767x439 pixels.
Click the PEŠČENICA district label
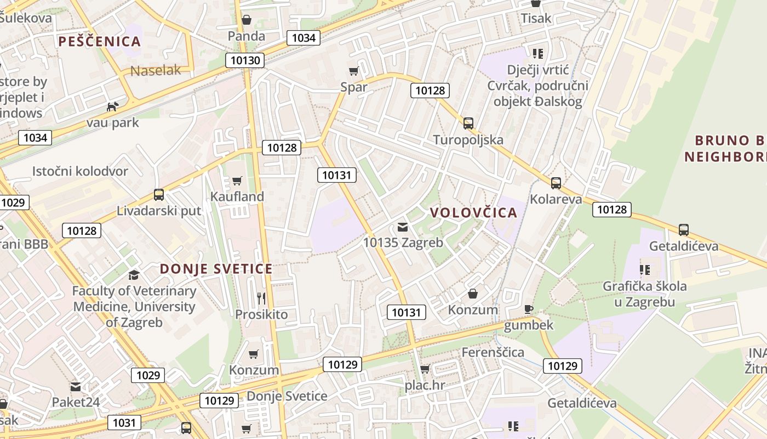100,42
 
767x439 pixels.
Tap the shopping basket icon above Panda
247,20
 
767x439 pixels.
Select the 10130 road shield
245,60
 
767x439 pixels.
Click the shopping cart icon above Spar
354,71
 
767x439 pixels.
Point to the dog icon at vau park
113,106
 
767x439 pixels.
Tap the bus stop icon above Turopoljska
468,123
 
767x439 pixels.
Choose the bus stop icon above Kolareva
556,183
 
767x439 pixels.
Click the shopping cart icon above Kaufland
237,181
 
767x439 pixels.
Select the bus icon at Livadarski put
159,194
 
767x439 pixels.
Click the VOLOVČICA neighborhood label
473,213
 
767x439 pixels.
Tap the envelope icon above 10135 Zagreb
403,227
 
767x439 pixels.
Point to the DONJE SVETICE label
216,269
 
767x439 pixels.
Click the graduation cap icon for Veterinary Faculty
134,275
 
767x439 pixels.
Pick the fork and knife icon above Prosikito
261,298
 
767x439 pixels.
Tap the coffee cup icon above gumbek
528,309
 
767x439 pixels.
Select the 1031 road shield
124,423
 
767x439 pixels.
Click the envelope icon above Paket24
76,386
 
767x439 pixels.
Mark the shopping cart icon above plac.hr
425,369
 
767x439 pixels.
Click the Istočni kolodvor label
80,171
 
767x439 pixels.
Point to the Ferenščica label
493,352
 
